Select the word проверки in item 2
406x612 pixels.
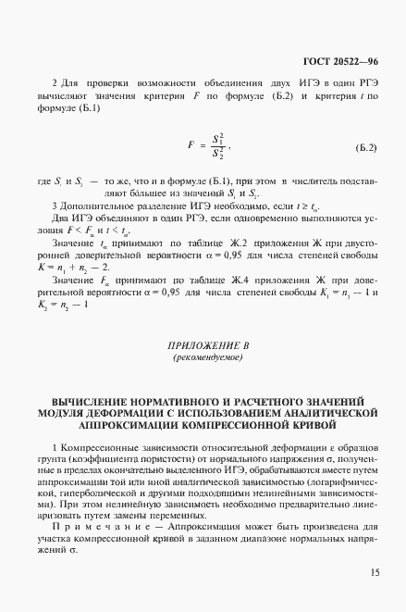(x=102, y=81)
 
